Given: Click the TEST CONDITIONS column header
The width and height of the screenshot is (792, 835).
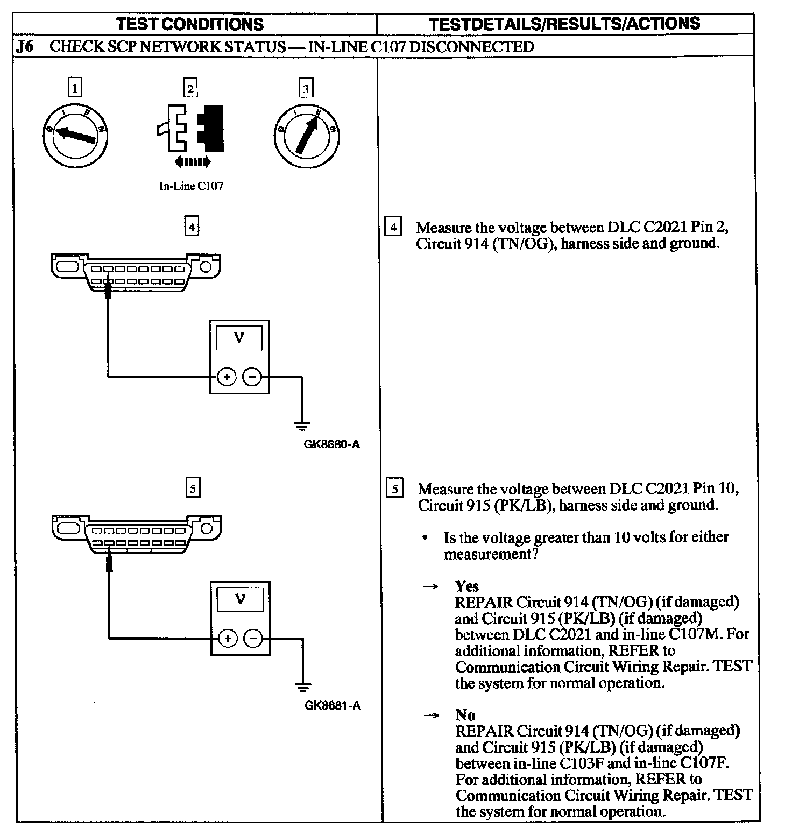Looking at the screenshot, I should (x=190, y=24).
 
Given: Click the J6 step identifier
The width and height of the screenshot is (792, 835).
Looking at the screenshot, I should (x=25, y=47).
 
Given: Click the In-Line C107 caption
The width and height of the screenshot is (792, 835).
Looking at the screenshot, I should (x=191, y=187).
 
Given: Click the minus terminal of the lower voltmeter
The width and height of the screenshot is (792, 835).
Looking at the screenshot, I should (x=253, y=639).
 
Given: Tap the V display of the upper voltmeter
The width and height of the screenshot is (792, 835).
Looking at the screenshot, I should (x=239, y=338).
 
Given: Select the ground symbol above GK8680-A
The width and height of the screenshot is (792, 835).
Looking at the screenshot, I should (x=302, y=427).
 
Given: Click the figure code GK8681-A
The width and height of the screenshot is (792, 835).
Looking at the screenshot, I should (x=333, y=705).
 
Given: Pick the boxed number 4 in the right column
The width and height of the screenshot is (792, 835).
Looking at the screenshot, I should (x=393, y=228).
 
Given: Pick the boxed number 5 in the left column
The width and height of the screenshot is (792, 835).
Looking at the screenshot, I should (x=192, y=489).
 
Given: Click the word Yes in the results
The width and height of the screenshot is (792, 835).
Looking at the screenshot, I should (x=466, y=586).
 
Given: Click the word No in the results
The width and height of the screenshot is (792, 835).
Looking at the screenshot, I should (x=465, y=715).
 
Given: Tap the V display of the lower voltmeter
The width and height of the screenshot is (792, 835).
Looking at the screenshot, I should (x=240, y=599).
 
